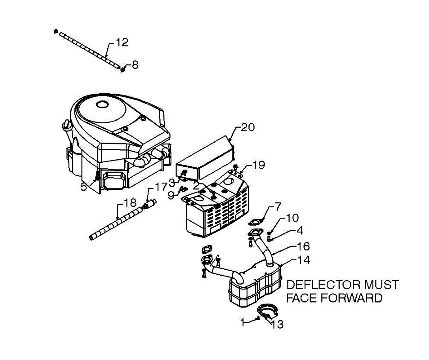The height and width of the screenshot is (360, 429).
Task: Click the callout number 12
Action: pos(122,43)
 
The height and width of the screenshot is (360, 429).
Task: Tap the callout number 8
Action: pos(135,65)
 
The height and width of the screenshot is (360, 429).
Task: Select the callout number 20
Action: pos(248,128)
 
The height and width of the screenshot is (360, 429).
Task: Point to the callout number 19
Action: pos(258,165)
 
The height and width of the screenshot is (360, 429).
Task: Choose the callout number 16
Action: pos(302,246)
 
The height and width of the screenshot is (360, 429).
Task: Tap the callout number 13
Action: pos(277,324)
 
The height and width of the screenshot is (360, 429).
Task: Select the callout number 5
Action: pos(83,187)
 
